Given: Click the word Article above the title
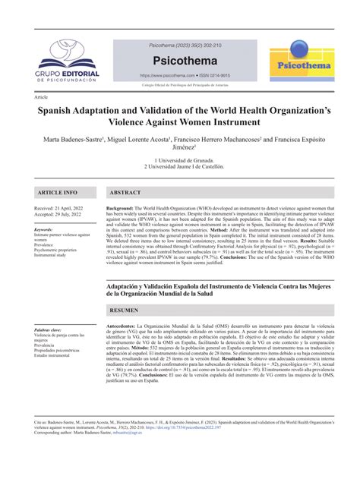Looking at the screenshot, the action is click(x=43, y=98).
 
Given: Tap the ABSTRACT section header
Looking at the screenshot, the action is click(x=125, y=193).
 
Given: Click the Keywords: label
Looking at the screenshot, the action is click(x=44, y=228).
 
